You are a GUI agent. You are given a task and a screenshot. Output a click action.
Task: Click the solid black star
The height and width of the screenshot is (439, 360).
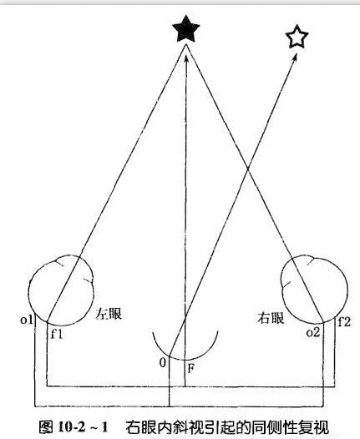tap(185, 29)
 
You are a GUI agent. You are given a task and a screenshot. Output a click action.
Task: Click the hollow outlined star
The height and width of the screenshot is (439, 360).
tap(297, 37)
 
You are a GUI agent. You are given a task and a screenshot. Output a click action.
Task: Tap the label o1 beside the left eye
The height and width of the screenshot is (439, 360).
tap(27, 320)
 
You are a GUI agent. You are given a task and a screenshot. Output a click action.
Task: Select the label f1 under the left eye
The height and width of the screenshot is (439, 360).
tap(57, 334)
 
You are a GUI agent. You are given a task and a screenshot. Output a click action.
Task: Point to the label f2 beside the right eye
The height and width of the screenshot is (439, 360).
tap(344, 321)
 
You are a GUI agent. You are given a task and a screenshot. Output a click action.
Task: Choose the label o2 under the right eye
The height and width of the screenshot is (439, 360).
tap(313, 333)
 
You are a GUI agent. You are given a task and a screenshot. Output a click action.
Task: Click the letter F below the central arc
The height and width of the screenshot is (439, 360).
tap(190, 368)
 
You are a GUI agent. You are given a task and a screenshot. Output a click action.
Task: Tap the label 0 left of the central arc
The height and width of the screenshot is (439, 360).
tap(163, 363)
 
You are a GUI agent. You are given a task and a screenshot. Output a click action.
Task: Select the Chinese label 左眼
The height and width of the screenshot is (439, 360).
tap(109, 314)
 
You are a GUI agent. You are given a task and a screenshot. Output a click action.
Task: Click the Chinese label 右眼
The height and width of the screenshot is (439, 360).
tap(271, 318)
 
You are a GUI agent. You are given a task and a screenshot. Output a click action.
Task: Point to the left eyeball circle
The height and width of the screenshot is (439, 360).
tap(28, 291)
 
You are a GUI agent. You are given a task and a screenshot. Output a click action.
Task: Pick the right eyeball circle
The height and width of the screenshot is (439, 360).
tap(348, 289)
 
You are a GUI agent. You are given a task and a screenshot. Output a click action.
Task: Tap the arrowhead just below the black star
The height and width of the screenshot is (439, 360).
tap(185, 58)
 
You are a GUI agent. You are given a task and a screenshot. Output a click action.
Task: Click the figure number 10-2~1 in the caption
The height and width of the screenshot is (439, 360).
tap(83, 427)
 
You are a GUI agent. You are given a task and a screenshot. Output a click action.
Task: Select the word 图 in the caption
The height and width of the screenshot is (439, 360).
tap(46, 427)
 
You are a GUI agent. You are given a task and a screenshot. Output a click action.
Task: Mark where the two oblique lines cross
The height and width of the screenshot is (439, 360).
tap(248, 169)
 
